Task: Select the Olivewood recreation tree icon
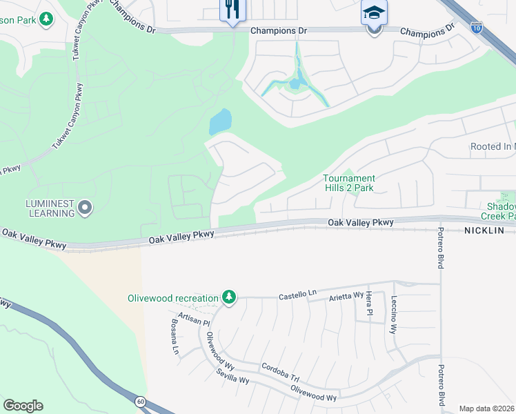tap(228, 298)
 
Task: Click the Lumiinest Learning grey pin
tap(85, 207)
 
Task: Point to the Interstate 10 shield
tap(477, 28)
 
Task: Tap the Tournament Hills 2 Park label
tap(349, 184)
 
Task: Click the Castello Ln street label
tap(297, 295)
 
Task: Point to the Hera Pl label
tap(369, 301)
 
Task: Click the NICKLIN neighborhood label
tap(486, 230)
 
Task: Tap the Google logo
tap(23, 406)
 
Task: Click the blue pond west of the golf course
tap(220, 122)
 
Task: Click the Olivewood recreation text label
tap(172, 299)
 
